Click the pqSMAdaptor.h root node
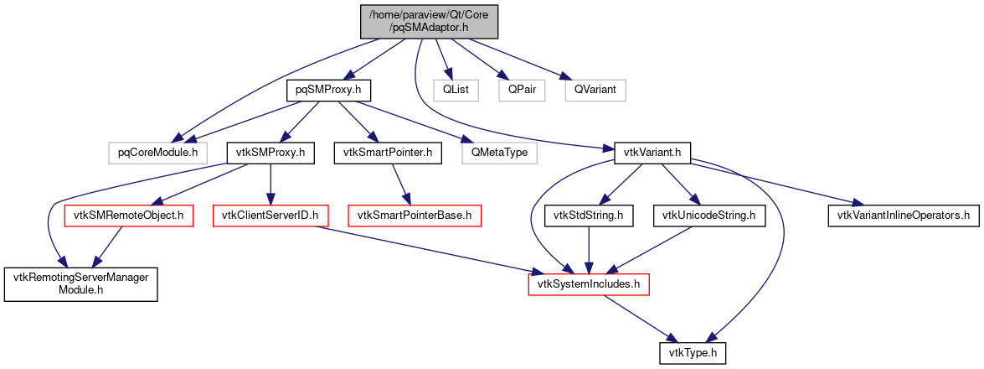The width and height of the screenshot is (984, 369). [x=430, y=20]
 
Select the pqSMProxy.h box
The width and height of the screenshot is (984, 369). [x=328, y=88]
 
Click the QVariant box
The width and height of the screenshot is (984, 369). [x=595, y=88]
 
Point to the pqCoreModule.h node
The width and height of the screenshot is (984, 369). [x=157, y=153]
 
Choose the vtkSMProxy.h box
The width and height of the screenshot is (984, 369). [x=270, y=153]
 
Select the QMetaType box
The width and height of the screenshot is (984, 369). [x=499, y=153]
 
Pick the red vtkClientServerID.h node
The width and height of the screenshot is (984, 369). [x=270, y=216]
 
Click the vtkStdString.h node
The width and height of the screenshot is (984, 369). [x=589, y=216]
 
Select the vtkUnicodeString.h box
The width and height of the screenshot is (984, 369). [x=708, y=216]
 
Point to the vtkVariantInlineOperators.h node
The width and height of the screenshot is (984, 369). [x=904, y=216]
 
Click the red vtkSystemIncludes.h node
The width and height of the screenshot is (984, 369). [x=589, y=286]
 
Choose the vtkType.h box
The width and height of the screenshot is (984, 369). [x=692, y=355]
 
